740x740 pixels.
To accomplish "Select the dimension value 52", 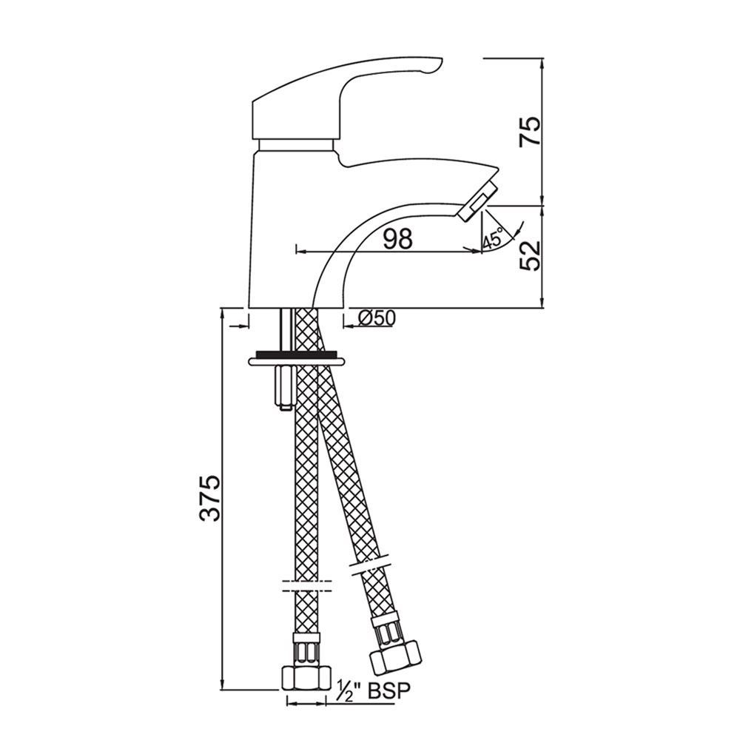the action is (x=530, y=255).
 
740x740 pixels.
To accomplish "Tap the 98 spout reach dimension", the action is (x=398, y=239).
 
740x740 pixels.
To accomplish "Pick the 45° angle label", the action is (x=492, y=240).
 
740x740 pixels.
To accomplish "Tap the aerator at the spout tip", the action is (x=477, y=201).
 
